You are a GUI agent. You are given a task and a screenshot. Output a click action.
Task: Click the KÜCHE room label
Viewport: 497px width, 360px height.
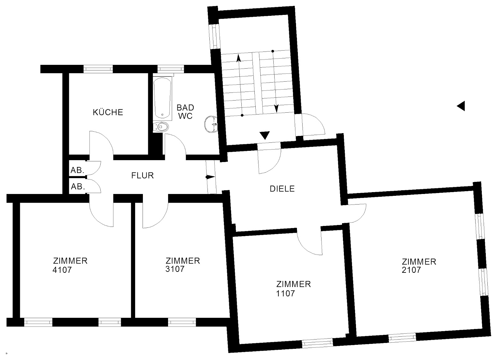coord(108,112)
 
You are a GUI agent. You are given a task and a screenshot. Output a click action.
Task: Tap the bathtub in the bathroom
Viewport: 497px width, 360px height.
coord(163,98)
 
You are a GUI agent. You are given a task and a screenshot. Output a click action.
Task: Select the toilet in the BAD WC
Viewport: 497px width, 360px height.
coord(161,127)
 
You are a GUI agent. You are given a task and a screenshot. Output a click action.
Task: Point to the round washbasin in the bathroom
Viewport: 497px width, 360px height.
coord(211,124)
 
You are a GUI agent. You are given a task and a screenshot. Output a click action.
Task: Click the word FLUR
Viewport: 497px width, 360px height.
coord(143,176)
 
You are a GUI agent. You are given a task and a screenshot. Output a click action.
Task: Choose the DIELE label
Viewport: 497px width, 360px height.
coord(282,189)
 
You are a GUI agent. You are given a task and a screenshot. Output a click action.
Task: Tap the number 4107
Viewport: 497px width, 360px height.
coord(62,270)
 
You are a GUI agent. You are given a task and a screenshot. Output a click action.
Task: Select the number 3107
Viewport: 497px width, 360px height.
coord(175,269)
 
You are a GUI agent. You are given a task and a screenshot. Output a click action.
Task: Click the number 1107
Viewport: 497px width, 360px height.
coord(285,294)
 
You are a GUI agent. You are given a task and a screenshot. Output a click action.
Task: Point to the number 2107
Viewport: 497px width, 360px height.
coord(411,270)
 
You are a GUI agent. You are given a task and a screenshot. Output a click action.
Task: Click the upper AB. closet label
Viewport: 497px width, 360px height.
coord(78,170)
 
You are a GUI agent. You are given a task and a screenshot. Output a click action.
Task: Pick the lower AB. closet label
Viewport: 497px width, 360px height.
coord(78,187)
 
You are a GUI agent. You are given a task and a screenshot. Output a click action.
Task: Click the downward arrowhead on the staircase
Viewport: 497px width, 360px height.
coord(276,108)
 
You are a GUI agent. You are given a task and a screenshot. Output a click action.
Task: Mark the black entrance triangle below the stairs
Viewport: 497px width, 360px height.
coord(264,135)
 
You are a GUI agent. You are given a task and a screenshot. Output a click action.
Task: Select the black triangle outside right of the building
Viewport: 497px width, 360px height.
coord(461,106)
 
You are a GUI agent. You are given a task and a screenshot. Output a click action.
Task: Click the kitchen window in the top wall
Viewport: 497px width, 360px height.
coord(98,69)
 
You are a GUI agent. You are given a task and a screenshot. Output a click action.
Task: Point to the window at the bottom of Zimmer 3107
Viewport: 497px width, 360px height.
coord(182,322)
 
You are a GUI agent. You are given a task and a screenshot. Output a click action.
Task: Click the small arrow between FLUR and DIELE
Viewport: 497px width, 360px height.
coord(210,177)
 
